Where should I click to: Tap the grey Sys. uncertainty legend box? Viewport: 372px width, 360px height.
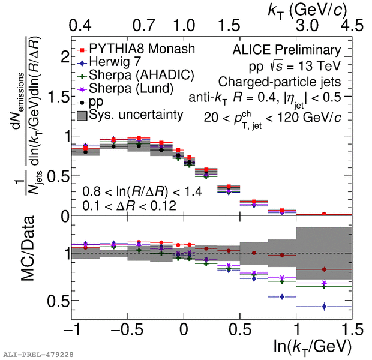coord(80,114)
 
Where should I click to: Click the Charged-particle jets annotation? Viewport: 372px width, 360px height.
coord(281,81)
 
